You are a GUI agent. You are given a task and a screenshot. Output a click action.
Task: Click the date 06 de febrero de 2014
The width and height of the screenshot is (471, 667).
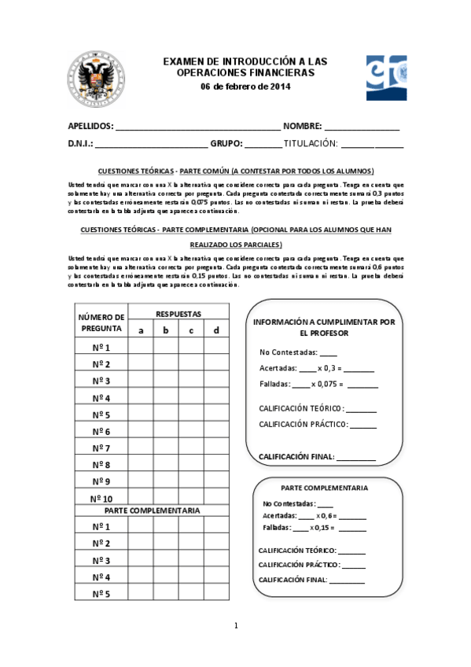(x=245, y=87)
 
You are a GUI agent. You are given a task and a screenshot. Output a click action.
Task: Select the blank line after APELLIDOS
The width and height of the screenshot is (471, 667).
(x=197, y=127)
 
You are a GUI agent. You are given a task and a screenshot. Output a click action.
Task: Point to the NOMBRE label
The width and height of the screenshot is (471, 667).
(x=302, y=127)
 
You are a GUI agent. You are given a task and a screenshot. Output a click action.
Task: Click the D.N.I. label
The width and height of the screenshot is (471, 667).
(x=81, y=144)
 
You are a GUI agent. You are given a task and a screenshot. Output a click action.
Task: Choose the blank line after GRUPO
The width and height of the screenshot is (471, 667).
(x=263, y=145)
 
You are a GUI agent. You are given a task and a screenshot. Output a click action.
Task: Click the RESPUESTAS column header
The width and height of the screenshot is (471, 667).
(x=178, y=314)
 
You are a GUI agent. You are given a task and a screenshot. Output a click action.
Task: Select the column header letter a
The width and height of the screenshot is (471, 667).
(x=141, y=330)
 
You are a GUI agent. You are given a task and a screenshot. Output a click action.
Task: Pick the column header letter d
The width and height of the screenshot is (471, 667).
(x=216, y=330)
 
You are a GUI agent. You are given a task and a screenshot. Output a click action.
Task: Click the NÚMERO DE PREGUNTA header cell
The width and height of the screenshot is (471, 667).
(x=101, y=322)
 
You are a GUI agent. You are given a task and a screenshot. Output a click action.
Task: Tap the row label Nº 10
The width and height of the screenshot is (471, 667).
(x=101, y=499)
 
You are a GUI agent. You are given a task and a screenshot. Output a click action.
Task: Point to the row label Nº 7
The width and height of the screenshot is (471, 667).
(x=101, y=448)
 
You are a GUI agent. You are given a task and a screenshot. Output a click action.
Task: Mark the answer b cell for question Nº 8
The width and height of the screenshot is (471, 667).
(x=166, y=465)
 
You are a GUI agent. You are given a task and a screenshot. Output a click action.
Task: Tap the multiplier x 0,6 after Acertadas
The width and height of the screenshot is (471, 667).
(x=326, y=515)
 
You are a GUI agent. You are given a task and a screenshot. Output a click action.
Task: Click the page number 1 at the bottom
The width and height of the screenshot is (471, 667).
(x=235, y=625)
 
